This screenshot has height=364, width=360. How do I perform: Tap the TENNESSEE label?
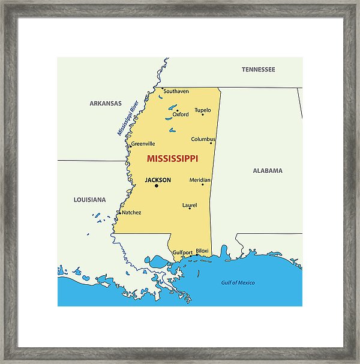259,70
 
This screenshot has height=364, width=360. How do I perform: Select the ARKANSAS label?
106,103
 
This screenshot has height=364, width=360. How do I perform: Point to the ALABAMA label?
267,170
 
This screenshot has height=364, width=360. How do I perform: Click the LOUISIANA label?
89,200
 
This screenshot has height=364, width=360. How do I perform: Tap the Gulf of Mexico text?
238,282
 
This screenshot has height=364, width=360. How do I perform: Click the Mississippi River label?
128,118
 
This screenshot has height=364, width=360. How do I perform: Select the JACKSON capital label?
158,180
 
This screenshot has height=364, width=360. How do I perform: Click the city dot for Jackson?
157,186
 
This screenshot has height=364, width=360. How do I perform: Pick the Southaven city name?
176,91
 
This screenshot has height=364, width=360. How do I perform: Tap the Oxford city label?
181,115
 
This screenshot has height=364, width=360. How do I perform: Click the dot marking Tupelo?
203,115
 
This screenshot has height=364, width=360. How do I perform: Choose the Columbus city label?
203,139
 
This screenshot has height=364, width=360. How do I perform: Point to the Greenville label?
143,144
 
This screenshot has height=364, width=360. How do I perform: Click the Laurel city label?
190,205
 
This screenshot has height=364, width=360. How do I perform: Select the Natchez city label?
131,212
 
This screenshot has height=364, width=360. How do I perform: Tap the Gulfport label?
182,253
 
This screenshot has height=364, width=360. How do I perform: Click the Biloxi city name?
202,251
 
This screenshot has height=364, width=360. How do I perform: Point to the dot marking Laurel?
190,209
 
